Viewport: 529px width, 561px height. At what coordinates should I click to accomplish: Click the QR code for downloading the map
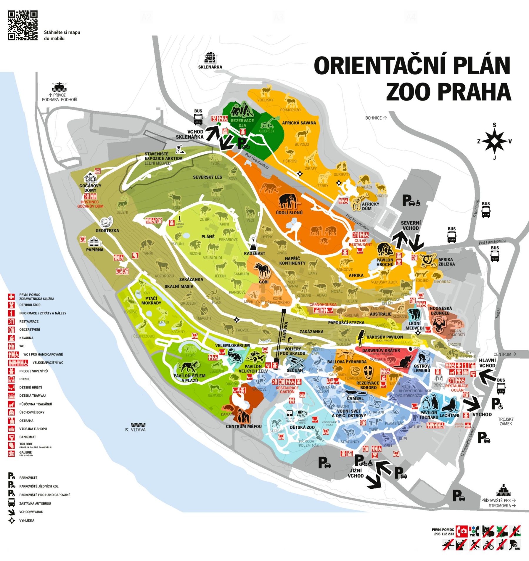(23, 25)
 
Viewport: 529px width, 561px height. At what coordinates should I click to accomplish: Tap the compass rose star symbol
(494, 141)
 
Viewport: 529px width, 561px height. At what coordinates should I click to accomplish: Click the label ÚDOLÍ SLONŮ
(289, 212)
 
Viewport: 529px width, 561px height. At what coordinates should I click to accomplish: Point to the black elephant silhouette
(289, 201)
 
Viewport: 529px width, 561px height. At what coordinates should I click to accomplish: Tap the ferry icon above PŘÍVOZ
(59, 87)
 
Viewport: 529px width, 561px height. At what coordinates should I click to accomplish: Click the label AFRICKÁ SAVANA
(299, 123)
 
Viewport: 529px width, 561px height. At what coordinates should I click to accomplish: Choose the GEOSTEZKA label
(107, 230)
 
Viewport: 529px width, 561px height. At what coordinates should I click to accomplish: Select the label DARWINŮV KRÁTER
(381, 350)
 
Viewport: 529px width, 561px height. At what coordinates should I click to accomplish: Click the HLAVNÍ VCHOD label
(487, 363)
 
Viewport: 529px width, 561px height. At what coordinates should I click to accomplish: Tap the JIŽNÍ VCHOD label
(356, 473)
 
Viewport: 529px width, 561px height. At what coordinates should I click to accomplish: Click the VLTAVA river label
(138, 429)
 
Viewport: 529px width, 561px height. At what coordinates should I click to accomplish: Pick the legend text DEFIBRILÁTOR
(30, 305)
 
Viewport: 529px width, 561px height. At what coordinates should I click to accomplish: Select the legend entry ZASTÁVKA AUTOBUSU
(35, 503)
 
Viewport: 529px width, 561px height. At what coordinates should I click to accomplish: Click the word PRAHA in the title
(449, 92)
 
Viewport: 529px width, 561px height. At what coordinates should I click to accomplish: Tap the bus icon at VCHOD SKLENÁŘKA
(198, 119)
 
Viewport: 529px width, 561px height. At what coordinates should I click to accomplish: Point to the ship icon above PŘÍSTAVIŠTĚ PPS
(503, 490)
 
